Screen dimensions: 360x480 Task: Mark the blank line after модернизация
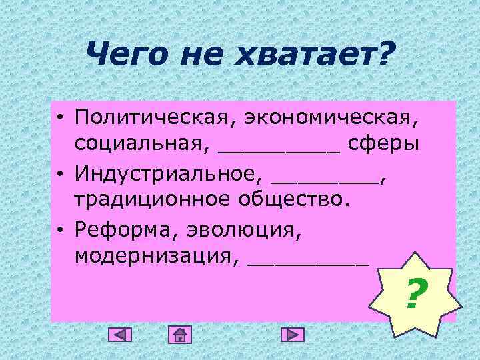[307, 262]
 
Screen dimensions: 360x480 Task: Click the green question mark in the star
[416, 294]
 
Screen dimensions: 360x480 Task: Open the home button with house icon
[179, 334]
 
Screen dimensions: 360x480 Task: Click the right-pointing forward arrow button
[292, 334]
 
